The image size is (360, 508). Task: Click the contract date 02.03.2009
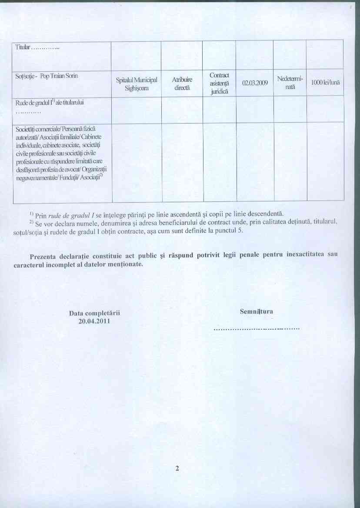point(254,82)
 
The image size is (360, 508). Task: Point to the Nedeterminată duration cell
point(290,83)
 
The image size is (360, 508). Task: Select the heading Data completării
point(94,313)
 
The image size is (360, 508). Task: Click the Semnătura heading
point(257,311)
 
